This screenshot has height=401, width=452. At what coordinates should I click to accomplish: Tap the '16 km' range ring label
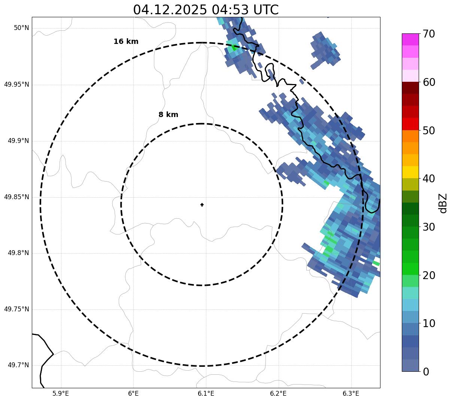(x=126, y=42)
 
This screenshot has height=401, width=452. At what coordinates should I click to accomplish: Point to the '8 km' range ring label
(x=168, y=115)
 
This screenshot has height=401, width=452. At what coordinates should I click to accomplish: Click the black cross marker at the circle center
(x=202, y=204)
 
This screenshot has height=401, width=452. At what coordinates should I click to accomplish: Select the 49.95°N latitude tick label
(x=16, y=84)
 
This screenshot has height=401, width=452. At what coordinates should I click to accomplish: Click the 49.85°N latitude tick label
(x=16, y=197)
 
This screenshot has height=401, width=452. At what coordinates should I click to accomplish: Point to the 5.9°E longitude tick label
(x=61, y=393)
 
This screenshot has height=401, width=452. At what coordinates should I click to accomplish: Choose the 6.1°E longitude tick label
(x=206, y=393)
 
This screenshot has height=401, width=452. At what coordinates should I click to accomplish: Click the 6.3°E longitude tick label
(x=351, y=393)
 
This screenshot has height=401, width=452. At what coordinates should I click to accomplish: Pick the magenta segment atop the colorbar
(x=410, y=39)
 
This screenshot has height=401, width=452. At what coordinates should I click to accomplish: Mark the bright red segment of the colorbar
(x=410, y=124)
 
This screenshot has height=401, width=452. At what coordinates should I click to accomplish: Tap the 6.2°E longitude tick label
(x=278, y=393)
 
